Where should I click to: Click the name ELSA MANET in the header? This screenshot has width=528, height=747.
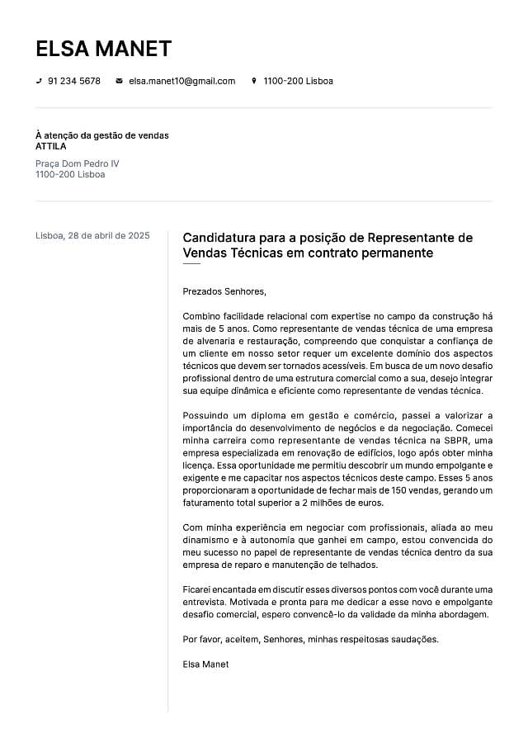[x=103, y=49]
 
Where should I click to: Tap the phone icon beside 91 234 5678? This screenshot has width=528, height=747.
[x=39, y=81]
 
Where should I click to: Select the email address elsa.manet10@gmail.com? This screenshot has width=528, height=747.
[x=181, y=81]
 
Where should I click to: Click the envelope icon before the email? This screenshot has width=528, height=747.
[x=119, y=81]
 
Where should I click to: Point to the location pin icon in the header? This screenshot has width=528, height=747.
[x=254, y=81]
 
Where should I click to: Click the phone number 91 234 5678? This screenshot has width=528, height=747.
[x=74, y=81]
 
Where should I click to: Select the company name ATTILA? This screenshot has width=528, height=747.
[x=51, y=146]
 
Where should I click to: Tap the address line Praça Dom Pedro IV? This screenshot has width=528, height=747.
[x=78, y=163]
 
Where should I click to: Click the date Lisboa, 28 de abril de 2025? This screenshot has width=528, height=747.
[x=92, y=235]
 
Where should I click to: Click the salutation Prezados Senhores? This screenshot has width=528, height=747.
[x=224, y=291]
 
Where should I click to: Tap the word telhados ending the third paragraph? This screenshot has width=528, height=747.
[x=358, y=565]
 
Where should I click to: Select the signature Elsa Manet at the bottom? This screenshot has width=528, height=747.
[x=205, y=664]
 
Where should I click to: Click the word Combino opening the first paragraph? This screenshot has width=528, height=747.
[x=203, y=316]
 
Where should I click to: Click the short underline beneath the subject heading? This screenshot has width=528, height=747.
[x=191, y=264]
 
